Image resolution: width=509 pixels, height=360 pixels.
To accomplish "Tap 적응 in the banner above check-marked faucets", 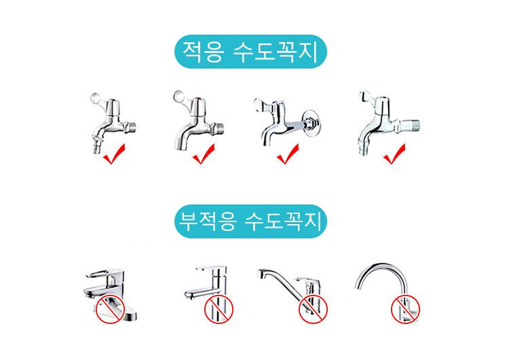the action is pyautogui.click(x=203, y=52).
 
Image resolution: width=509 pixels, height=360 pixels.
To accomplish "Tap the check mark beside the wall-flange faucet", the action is pyautogui.click(x=288, y=154).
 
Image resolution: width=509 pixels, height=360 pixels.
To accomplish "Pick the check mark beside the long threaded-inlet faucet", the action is pyautogui.click(x=394, y=154).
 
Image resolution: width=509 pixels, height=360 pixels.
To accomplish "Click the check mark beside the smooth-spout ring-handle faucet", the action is pyautogui.click(x=203, y=154).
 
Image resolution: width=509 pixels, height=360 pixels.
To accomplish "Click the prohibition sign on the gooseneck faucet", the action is pyautogui.click(x=405, y=309).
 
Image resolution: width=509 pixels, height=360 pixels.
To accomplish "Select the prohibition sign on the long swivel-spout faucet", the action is pyautogui.click(x=313, y=309).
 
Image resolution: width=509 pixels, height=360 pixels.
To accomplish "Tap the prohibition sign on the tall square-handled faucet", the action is pyautogui.click(x=219, y=309).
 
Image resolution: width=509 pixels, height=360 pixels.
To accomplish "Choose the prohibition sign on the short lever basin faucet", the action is pyautogui.click(x=110, y=309).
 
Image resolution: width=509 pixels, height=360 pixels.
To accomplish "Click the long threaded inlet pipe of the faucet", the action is pyautogui.click(x=409, y=126).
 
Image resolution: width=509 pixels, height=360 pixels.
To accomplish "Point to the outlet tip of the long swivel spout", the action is pyautogui.click(x=262, y=274).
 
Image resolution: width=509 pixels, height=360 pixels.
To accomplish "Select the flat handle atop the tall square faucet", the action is pyautogui.click(x=210, y=268).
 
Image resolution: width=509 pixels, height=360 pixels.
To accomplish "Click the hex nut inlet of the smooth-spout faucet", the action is pyautogui.click(x=218, y=129).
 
